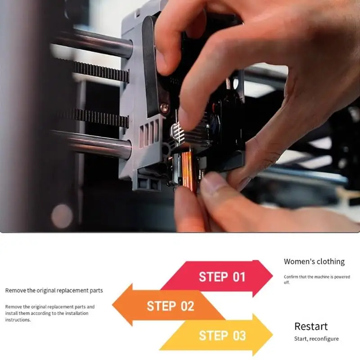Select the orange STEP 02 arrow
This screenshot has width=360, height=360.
169,306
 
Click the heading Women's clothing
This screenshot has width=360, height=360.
314,261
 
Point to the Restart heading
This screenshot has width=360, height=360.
311,326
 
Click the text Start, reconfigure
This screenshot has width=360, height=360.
316,339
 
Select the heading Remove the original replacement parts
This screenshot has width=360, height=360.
54,290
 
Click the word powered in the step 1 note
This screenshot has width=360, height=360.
342,277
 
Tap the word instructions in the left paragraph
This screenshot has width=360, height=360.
18,319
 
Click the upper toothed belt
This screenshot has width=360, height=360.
101,72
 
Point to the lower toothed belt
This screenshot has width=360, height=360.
101,118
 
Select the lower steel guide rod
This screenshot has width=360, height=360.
92,144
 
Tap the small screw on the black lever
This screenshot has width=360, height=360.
165,107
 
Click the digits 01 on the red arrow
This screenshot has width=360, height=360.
239,277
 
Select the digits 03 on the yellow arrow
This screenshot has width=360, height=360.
239,336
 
